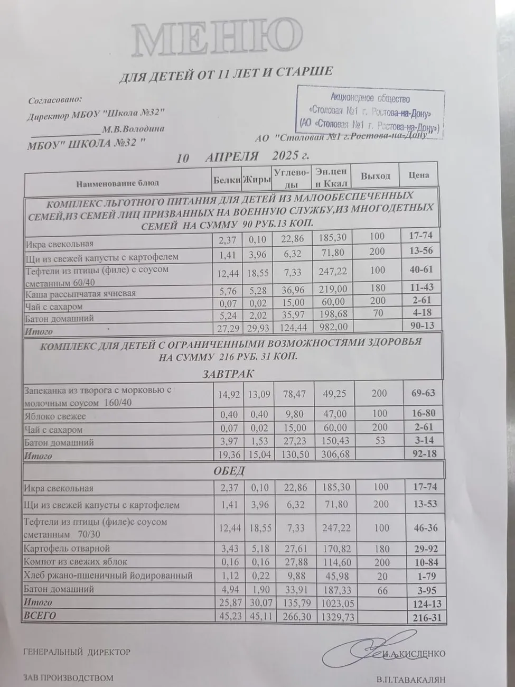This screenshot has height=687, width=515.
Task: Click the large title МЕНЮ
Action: (x=216, y=39)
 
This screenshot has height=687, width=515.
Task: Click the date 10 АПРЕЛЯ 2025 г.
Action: (x=244, y=157)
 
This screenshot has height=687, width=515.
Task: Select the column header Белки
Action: (x=227, y=180)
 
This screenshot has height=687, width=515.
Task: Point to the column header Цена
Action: (x=419, y=175)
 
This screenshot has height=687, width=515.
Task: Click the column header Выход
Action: (x=375, y=176)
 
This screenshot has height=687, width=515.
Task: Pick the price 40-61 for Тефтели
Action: (x=420, y=270)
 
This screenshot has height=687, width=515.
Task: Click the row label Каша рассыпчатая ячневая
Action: (x=81, y=294)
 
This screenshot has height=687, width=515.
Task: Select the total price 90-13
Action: (x=421, y=325)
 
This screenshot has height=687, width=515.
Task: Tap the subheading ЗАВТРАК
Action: (x=228, y=374)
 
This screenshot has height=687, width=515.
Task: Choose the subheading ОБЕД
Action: (x=229, y=470)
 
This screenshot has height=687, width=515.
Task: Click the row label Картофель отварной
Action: (x=67, y=549)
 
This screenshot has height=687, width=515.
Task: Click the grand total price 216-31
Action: (x=425, y=617)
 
